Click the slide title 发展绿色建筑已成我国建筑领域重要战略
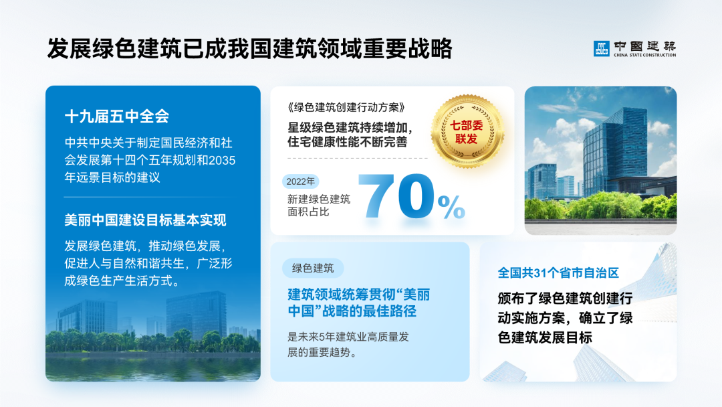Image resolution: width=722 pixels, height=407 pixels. click(x=249, y=49)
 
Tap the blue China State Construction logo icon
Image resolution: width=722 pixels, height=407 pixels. click(x=602, y=48)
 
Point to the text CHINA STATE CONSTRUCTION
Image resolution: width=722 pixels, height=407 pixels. click(x=644, y=56)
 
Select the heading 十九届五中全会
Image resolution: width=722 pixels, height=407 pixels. click(x=117, y=116)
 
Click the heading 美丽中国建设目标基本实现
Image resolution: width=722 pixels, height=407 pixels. click(x=146, y=220)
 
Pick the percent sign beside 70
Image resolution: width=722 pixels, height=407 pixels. click(x=452, y=207)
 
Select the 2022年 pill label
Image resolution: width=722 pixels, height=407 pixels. click(x=300, y=181)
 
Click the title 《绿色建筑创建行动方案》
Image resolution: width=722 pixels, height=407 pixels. click(x=347, y=107)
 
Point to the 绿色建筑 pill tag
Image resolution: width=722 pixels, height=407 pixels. click(x=313, y=268)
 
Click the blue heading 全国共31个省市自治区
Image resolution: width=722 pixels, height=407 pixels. click(x=558, y=273)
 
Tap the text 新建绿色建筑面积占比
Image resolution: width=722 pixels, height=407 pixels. click(x=318, y=205)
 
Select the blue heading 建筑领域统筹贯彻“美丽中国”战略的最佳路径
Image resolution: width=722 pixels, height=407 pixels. click(x=358, y=303)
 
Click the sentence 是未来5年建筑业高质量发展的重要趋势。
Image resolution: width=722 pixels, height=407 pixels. click(x=348, y=345)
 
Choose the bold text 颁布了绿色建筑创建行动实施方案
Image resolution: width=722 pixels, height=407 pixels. click(x=565, y=317)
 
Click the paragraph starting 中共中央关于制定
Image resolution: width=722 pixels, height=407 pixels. click(x=150, y=161)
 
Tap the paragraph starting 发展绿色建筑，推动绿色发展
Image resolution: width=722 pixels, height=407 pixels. click(x=148, y=262)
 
